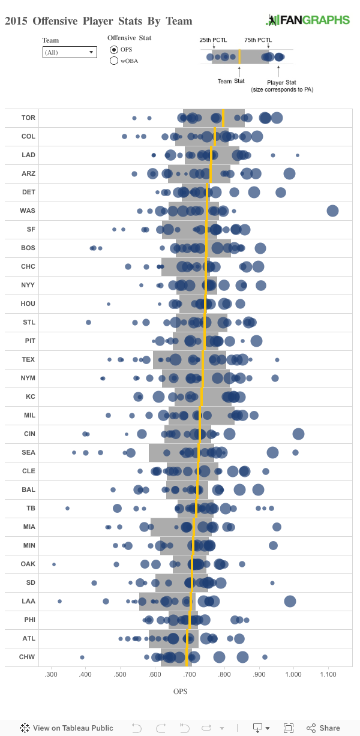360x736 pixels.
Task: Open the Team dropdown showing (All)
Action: pos(70,52)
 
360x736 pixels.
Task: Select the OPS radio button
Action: pos(114,49)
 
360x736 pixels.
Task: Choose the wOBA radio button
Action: pos(114,61)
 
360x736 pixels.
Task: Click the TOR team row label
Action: pos(28,118)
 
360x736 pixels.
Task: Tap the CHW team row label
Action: pos(28,657)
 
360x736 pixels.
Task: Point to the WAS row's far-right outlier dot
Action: pos(332,211)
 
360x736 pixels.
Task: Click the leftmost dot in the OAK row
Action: pos(54,564)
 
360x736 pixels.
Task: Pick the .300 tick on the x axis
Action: pos(51,675)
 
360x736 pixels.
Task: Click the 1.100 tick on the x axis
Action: pos(328,675)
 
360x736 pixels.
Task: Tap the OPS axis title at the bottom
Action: pos(181,692)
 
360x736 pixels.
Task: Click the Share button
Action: pos(323,728)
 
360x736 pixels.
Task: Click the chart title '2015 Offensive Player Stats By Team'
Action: pos(98,21)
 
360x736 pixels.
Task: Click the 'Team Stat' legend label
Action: pos(231,81)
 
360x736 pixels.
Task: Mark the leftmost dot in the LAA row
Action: pos(59,601)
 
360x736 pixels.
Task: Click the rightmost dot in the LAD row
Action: pos(298,155)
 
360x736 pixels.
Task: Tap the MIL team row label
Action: pos(28,415)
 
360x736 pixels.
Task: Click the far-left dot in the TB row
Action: pos(67,508)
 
